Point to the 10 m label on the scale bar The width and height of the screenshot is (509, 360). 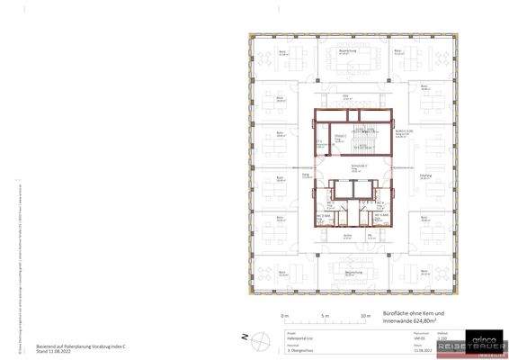tap(365, 317)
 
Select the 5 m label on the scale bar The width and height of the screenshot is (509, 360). tap(325, 317)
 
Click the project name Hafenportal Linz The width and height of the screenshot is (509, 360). tap(314, 336)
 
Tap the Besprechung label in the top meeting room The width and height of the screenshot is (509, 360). tap(347, 52)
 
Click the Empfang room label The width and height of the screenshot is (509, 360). tap(425, 175)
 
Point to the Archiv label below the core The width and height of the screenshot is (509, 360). tap(346, 237)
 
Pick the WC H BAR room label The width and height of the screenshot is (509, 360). tap(380, 216)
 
